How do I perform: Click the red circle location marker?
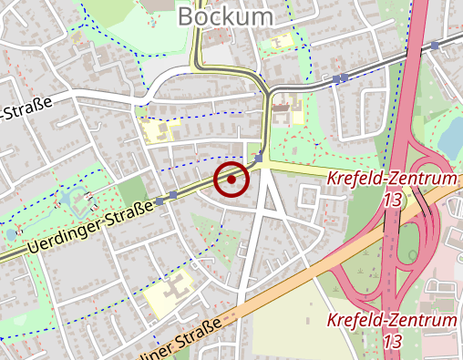coord(231,180)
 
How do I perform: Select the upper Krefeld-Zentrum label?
coord(391,179)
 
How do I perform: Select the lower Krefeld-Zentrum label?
coord(391,321)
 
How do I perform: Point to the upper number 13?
coord(393,199)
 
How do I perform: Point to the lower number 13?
coord(393,342)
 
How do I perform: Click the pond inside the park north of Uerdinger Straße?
coord(70,197)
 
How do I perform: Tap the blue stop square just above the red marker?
coord(259,158)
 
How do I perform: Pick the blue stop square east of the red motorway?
coord(436,45)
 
